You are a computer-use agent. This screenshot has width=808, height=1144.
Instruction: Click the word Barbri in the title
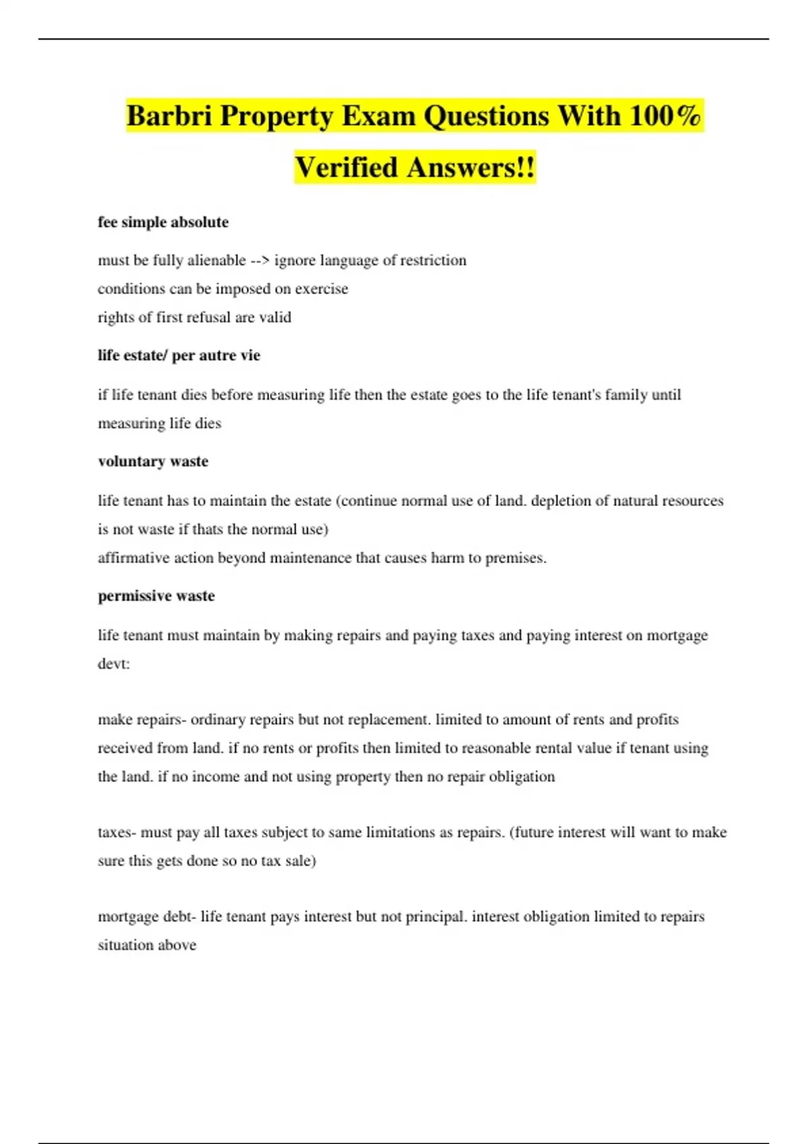click(x=169, y=116)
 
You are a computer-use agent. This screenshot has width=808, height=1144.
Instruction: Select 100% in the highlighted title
click(x=665, y=116)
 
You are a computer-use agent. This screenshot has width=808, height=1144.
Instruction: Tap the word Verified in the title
click(x=347, y=168)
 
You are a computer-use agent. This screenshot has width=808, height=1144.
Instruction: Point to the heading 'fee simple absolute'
click(x=163, y=222)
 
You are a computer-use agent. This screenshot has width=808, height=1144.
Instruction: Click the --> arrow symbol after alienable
click(x=260, y=260)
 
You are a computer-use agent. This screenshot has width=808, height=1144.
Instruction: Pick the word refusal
click(x=204, y=317)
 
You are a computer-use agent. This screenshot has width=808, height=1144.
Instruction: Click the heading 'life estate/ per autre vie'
click(x=178, y=355)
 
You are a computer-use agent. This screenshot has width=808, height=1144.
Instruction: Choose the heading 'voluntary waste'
click(x=153, y=462)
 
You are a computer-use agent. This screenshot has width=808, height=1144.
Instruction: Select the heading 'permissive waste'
click(x=156, y=596)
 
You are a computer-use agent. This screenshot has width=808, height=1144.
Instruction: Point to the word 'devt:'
click(x=114, y=664)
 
